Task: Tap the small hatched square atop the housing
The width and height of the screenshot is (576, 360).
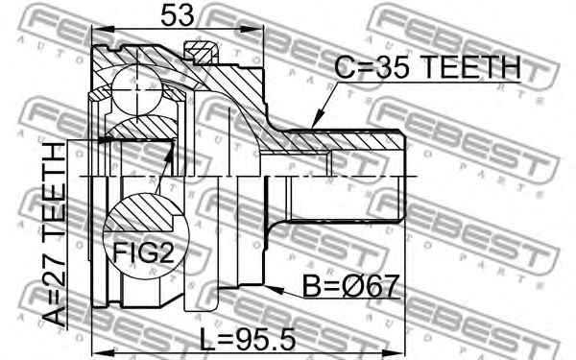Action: (x=200, y=50)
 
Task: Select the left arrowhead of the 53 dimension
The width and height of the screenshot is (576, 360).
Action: (x=95, y=31)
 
